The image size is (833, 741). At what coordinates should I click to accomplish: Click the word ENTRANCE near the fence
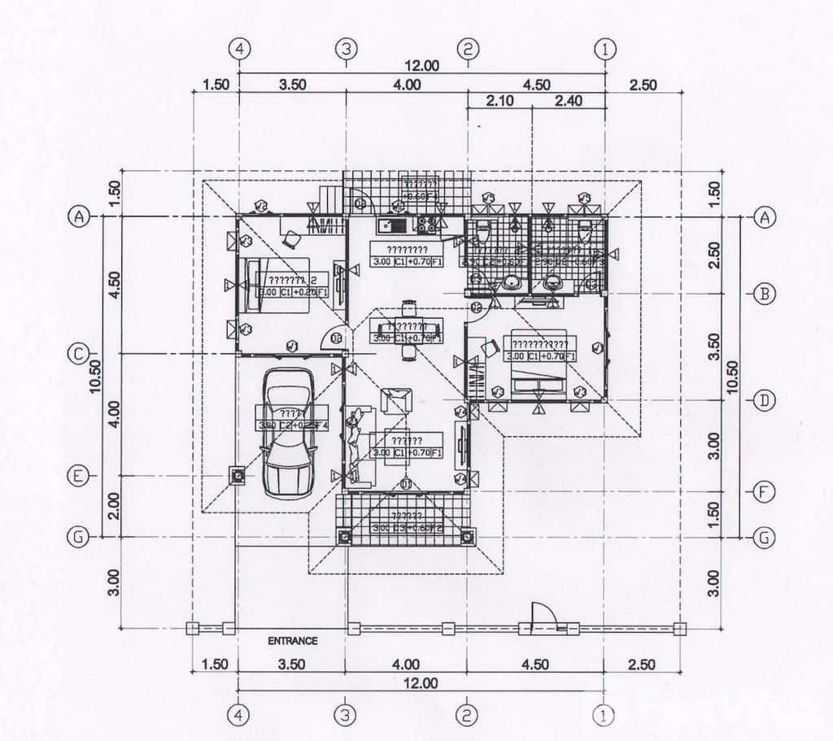pos(293,641)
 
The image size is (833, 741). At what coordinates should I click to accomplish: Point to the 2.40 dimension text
pos(569,101)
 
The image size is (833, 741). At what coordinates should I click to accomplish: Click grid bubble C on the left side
pos(78,354)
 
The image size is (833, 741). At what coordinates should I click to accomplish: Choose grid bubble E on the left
pos(78,476)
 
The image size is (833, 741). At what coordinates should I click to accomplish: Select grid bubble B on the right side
pos(763,294)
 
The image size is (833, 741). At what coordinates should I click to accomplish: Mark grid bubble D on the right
pos(763,400)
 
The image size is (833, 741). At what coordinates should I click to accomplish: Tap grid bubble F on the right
pos(763,491)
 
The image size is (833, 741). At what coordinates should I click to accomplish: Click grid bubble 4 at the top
pos(238,49)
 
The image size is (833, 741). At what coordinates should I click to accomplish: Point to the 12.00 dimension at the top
pos(421,66)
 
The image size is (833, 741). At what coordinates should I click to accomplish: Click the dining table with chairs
pos(407,329)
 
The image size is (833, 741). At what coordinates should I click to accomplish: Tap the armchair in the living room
pos(397,400)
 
